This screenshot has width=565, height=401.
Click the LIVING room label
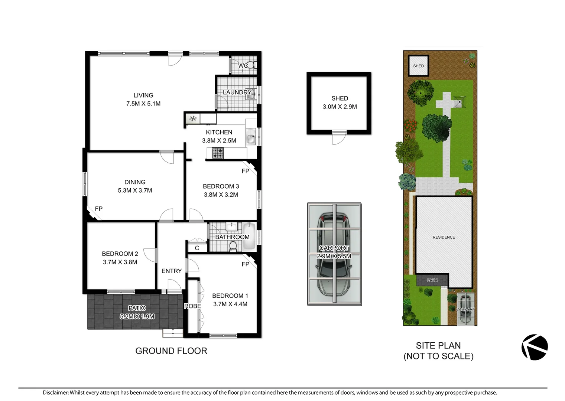143,95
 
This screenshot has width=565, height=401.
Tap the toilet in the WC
251,65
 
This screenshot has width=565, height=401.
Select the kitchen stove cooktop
218,153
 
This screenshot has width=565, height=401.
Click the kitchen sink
251,136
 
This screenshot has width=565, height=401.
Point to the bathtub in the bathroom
249,236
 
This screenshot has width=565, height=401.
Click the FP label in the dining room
98,209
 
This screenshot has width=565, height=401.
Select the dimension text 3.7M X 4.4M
230,304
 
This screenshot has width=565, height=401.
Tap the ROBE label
192,306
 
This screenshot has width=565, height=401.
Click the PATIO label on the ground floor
137,308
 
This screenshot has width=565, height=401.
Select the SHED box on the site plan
418,66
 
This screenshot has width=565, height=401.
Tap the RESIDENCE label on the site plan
444,237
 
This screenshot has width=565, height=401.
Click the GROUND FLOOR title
171,351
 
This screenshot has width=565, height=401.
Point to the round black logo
535,347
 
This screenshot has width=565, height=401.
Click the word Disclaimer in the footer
55,392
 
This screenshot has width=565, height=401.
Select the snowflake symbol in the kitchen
193,119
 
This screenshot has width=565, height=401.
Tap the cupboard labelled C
197,248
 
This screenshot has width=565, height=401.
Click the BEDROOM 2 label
120,254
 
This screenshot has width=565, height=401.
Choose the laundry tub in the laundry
251,95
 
